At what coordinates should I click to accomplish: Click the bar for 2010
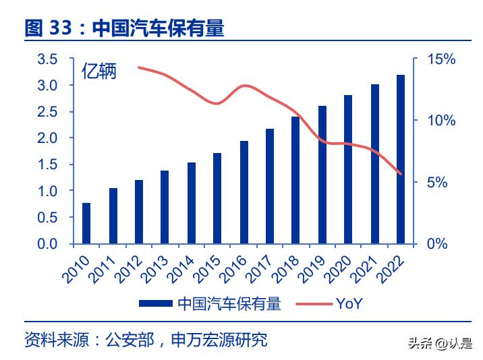86,223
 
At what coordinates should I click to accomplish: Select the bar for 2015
217,198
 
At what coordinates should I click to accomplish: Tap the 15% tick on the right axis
443,59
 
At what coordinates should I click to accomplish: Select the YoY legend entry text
349,303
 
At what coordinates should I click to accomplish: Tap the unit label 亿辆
99,71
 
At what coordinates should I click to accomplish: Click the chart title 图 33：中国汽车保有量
124,28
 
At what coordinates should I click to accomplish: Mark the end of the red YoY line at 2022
401,174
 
